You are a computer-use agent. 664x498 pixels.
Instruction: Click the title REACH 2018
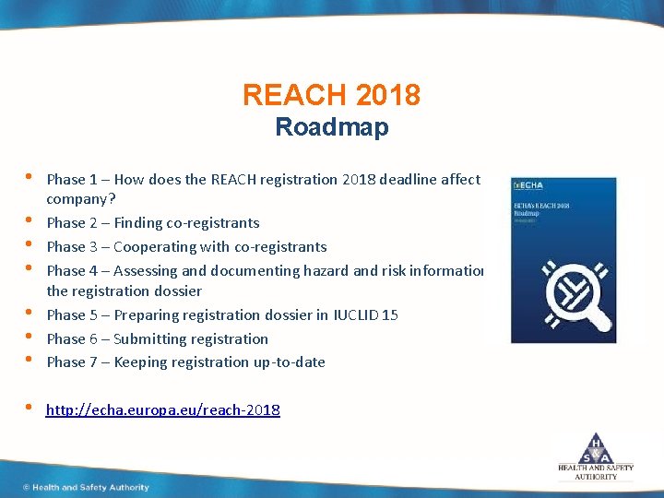332,94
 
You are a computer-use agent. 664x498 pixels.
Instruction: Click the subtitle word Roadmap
332,127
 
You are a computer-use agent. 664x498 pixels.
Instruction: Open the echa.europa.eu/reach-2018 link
163,409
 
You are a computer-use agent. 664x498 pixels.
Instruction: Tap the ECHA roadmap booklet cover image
563,260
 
